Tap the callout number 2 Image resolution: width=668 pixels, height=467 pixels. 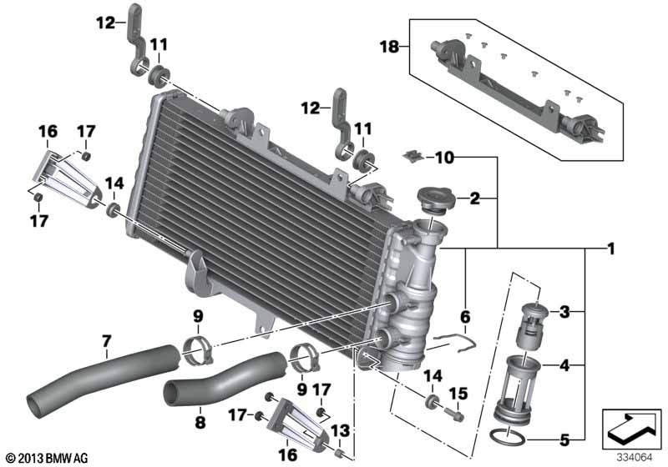click(473, 198)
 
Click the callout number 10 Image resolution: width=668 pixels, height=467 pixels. click(444, 158)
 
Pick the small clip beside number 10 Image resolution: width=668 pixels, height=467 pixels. click(413, 155)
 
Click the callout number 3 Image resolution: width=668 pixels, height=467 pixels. click(565, 313)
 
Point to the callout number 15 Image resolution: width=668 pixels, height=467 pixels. click(458, 393)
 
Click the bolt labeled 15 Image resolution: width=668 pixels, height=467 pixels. click(456, 410)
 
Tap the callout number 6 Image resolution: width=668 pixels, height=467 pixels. click(465, 317)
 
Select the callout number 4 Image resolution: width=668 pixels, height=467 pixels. click(565, 364)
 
